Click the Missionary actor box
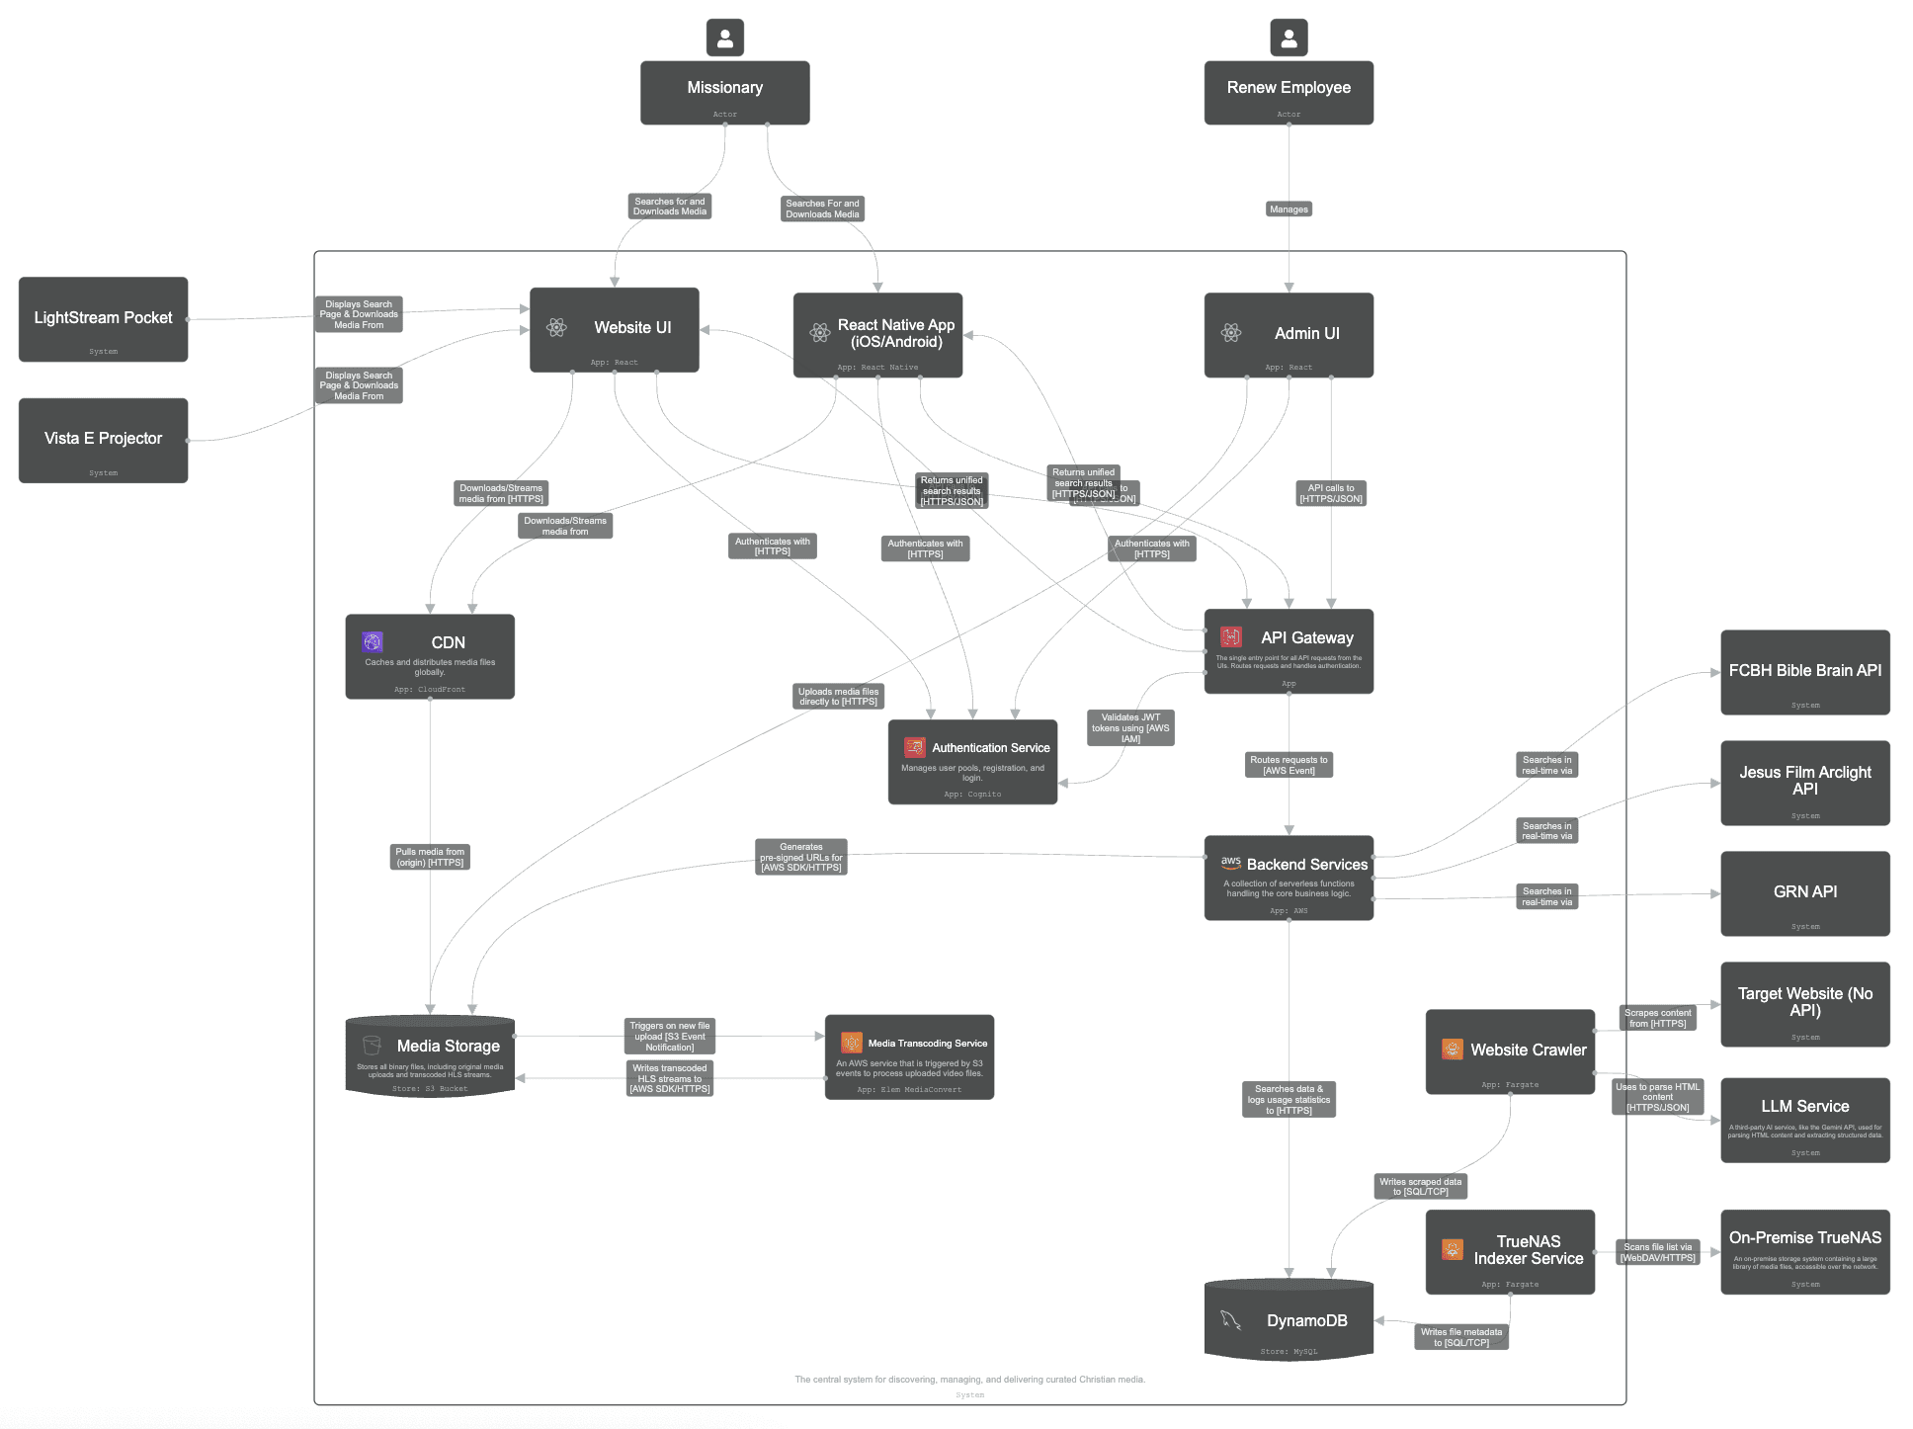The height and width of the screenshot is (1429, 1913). point(724,93)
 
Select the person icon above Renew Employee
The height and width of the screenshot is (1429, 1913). point(1289,38)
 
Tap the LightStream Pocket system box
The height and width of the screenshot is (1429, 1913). point(103,319)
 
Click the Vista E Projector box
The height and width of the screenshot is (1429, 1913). point(103,440)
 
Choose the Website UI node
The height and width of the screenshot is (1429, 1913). point(614,329)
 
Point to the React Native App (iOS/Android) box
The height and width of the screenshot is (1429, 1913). point(877,335)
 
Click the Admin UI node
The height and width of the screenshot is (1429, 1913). point(1289,335)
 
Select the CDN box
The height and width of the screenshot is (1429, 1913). point(430,656)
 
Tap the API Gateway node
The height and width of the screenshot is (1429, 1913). point(1289,650)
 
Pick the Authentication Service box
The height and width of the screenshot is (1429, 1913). point(972,761)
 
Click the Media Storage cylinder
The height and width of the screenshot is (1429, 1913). point(430,1055)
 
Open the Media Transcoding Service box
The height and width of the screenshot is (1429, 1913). point(909,1056)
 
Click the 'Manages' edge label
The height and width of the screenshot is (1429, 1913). point(1289,210)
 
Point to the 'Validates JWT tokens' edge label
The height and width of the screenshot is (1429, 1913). point(1130,728)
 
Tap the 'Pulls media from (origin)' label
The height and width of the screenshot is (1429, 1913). point(430,857)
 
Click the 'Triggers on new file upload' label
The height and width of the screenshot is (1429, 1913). point(670,1037)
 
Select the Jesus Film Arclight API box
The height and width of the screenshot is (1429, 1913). point(1804,783)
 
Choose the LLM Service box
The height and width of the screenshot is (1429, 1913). point(1804,1120)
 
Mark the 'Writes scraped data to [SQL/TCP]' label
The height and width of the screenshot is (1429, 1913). point(1421,1187)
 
